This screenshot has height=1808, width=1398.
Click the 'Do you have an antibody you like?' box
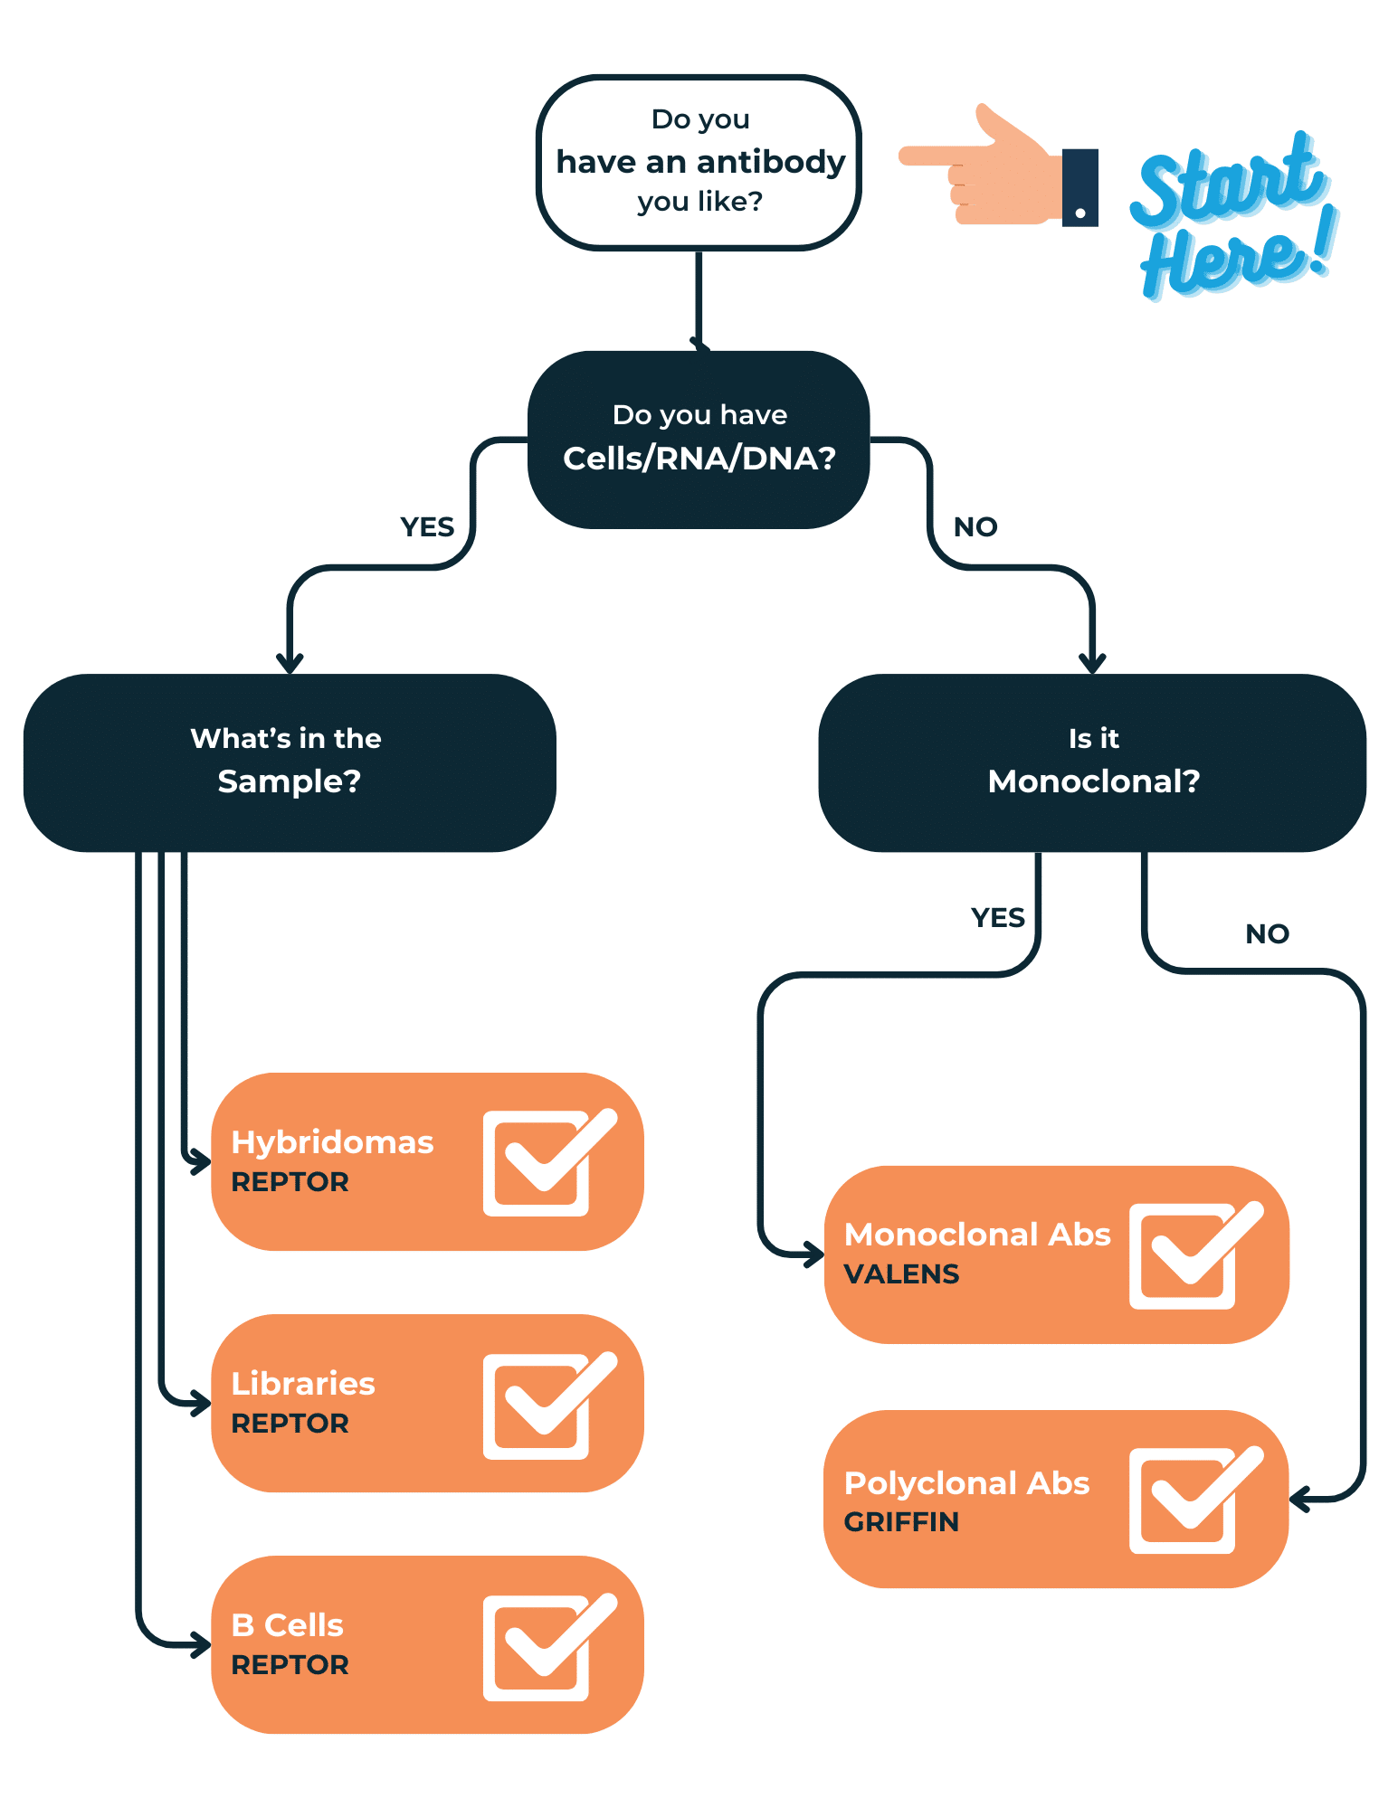pyautogui.click(x=699, y=162)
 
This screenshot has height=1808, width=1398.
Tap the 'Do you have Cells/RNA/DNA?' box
pyautogui.click(x=699, y=439)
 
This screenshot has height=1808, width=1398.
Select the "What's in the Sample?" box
pyautogui.click(x=290, y=762)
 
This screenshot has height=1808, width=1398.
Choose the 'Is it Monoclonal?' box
pyautogui.click(x=1092, y=762)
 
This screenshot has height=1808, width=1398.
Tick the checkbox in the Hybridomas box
pyautogui.click(x=543, y=1163)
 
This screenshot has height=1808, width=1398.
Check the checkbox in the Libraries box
pyautogui.click(x=543, y=1406)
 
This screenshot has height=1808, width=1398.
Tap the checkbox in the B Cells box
pyautogui.click(x=543, y=1647)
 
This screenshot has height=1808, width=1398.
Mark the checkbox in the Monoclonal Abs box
pyautogui.click(x=1190, y=1256)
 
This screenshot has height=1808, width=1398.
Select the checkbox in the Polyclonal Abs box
pyautogui.click(x=1190, y=1500)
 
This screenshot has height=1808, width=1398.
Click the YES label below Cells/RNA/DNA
pyautogui.click(x=427, y=526)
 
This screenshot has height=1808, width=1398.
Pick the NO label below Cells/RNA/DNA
pyautogui.click(x=975, y=526)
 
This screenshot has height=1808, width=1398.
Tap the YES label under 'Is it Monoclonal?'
pyautogui.click(x=997, y=917)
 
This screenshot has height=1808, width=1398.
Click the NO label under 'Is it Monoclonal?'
pyautogui.click(x=1267, y=933)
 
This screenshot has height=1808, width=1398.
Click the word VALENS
pyautogui.click(x=901, y=1274)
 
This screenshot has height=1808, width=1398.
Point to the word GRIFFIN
pyautogui.click(x=901, y=1522)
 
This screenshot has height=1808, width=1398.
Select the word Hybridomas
pyautogui.click(x=332, y=1142)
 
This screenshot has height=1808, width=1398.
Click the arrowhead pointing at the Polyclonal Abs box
pyautogui.click(x=1299, y=1500)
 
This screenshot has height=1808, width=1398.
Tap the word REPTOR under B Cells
pyautogui.click(x=290, y=1665)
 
